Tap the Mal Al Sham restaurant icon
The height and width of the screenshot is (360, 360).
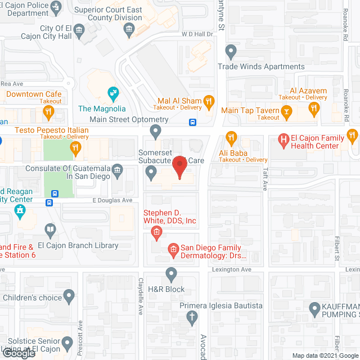pos(208,102)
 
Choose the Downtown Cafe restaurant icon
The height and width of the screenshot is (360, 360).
pos(49,112)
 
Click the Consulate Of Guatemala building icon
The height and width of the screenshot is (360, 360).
pos(117,169)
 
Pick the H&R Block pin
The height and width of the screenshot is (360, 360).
pos(171,274)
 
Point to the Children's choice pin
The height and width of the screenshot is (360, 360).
pos(69,296)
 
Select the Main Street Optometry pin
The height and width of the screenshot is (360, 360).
pos(156,133)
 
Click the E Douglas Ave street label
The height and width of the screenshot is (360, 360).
pos(112,200)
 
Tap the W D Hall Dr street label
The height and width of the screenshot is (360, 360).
pos(196,34)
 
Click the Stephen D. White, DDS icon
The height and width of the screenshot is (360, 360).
pos(156,232)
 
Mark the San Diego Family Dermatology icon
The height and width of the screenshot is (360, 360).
pos(173,248)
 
